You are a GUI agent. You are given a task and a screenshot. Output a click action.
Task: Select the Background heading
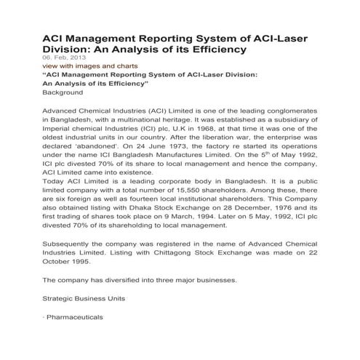[63, 93]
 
